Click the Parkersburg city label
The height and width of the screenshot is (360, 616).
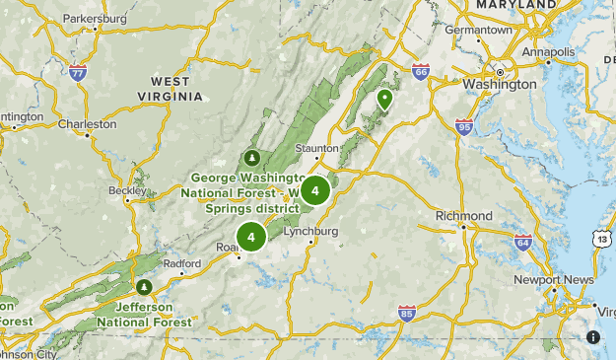tap(96, 19)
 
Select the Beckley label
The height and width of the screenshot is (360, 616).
tap(126, 189)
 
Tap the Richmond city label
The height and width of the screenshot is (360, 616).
tap(463, 216)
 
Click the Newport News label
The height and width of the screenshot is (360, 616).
tap(554, 280)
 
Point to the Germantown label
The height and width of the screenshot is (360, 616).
tap(479, 31)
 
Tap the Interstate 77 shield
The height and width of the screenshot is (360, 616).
tap(79, 72)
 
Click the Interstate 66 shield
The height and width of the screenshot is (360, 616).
tap(421, 71)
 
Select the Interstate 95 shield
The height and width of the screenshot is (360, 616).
tap(464, 126)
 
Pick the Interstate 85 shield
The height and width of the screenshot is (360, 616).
tap(407, 314)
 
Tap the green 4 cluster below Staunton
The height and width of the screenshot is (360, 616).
tap(314, 190)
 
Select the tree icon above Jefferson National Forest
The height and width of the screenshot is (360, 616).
tap(144, 287)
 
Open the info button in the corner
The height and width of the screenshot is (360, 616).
tap(593, 337)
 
